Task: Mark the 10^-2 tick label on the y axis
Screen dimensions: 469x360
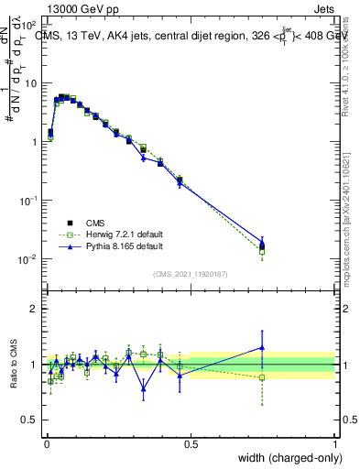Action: [x=29, y=259]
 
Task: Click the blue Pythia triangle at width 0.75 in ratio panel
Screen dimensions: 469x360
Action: [x=263, y=347]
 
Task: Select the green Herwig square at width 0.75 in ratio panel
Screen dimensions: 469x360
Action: [x=263, y=377]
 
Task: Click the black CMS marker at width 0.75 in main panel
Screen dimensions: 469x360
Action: [x=263, y=246]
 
